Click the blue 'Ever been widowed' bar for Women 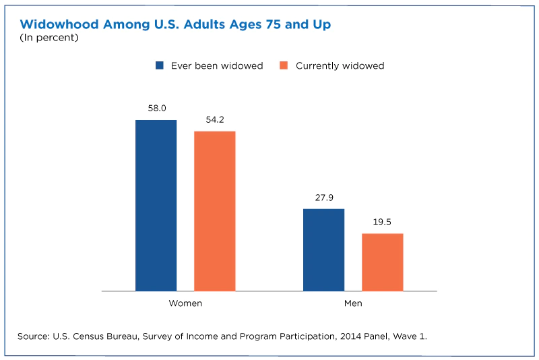click(156, 206)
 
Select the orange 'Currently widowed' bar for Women click(215, 211)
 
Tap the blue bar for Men click(323, 250)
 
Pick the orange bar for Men click(383, 262)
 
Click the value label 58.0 click(156, 108)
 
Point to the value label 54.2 click(215, 119)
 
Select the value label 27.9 click(323, 198)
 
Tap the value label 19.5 click(383, 222)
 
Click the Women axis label click(185, 303)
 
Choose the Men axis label click(353, 303)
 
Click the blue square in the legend click(160, 65)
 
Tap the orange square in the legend click(284, 65)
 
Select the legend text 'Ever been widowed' click(217, 65)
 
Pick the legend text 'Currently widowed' click(340, 65)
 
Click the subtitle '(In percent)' click(49, 38)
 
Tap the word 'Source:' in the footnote click(36, 336)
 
